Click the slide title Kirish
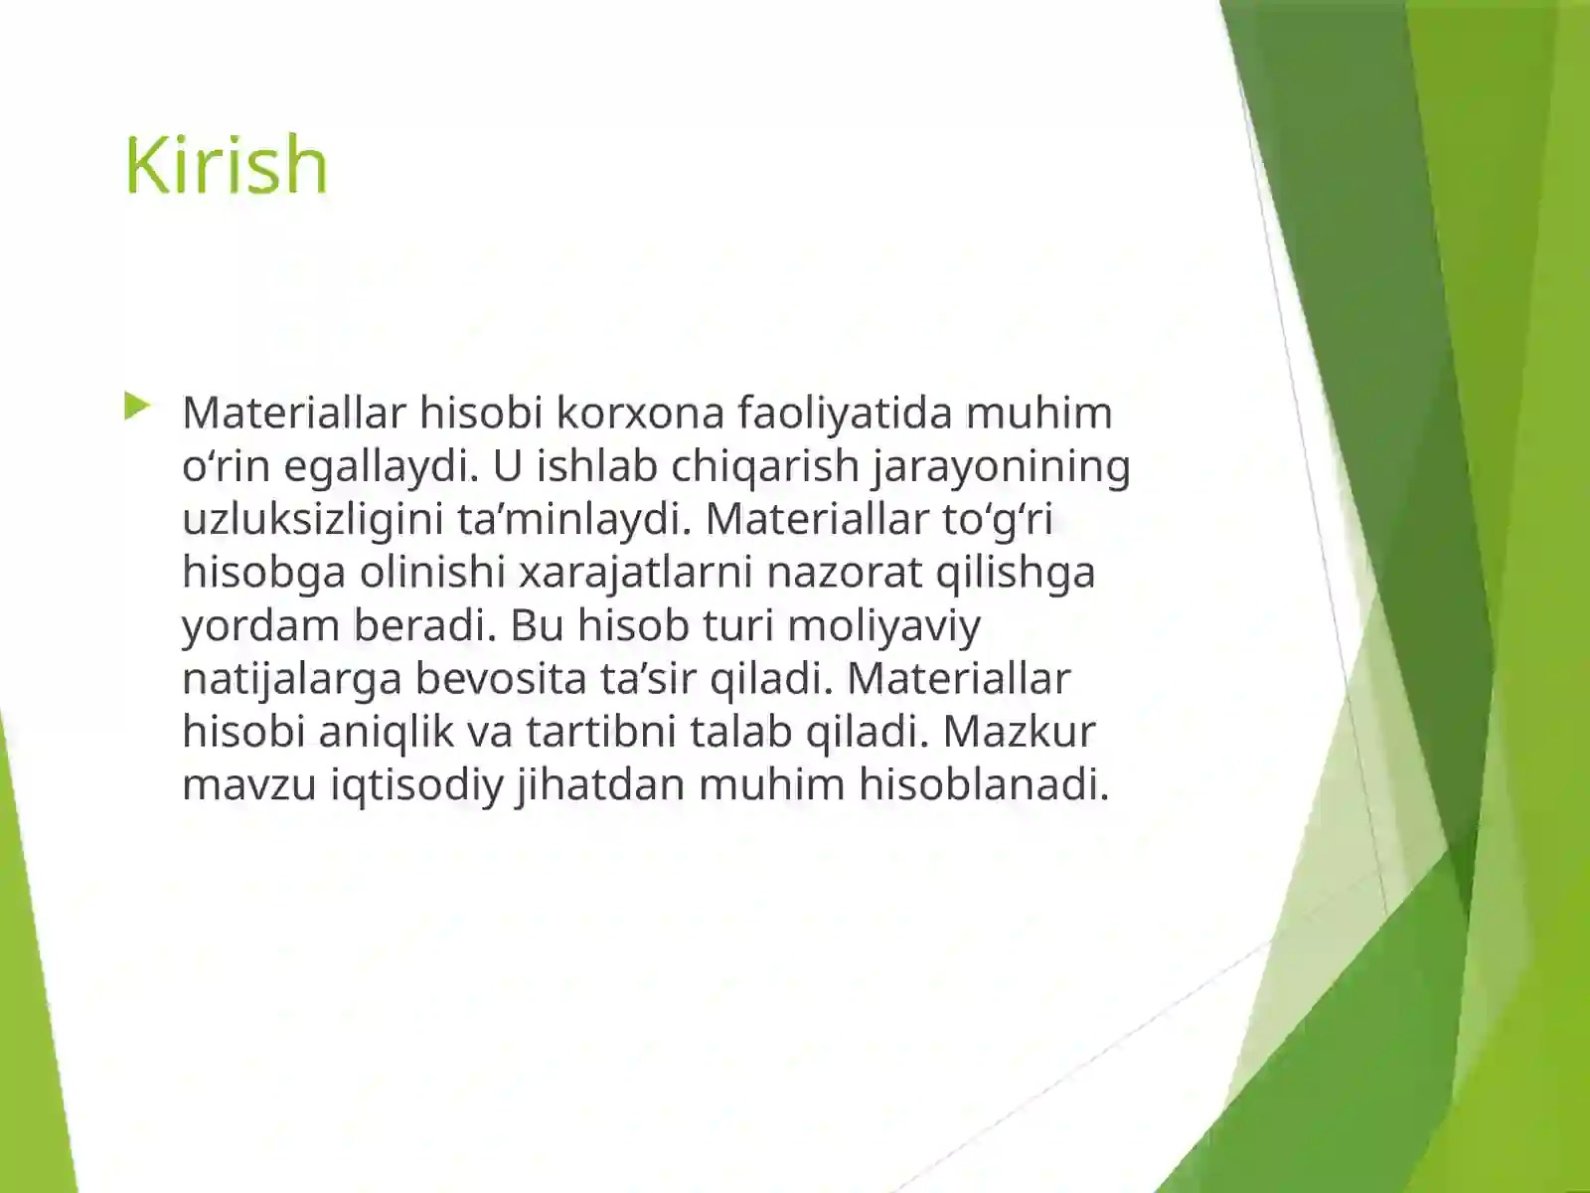click(x=226, y=165)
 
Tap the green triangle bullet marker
click(x=137, y=406)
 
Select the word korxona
click(x=639, y=413)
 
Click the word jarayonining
click(x=1002, y=466)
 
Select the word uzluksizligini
click(x=312, y=519)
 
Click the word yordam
click(x=261, y=625)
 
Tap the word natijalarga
click(x=292, y=678)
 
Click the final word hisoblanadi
click(x=983, y=784)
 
